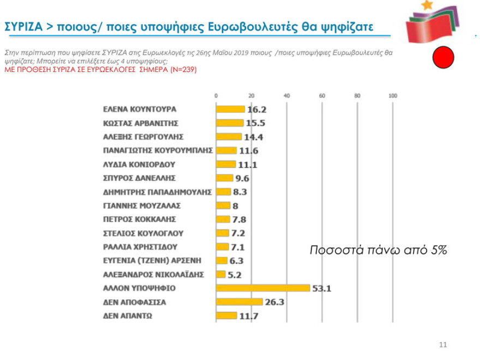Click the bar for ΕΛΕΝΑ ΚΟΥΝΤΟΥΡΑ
point(230,109)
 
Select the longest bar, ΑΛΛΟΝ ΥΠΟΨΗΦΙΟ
point(263,288)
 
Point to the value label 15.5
point(255,123)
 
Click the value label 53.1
point(322,289)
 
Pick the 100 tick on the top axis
point(392,96)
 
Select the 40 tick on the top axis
point(287,96)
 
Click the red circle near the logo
point(443,57)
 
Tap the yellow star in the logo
point(425,5)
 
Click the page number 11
point(443,345)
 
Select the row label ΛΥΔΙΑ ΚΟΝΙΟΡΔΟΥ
point(139,164)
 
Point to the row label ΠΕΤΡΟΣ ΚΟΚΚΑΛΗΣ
point(139,219)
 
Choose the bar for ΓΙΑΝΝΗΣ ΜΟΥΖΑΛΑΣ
point(223,206)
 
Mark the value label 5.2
point(236,274)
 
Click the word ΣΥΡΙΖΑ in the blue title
point(22,26)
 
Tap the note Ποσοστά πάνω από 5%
point(379,250)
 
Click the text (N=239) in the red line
point(184,70)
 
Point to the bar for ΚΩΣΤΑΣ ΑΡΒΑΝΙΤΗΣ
point(230,123)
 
